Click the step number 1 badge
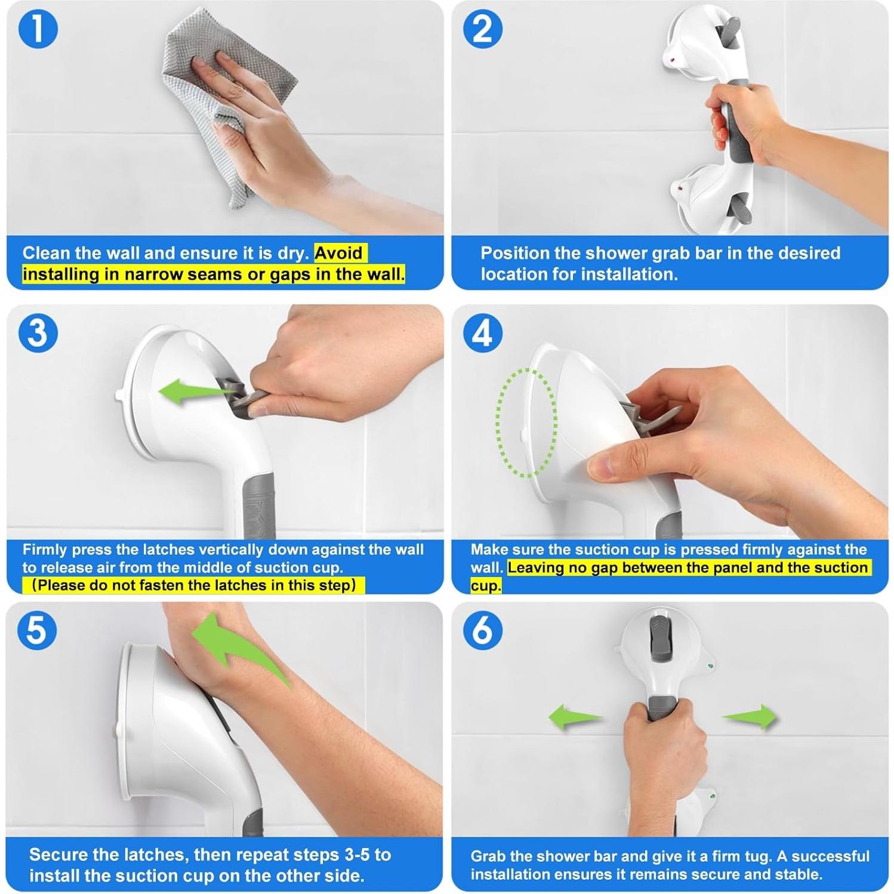tap(38, 29)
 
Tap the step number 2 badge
tap(483, 29)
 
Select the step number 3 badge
tap(38, 332)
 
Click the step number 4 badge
tap(483, 332)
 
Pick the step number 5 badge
tap(37, 630)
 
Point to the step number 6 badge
tap(483, 630)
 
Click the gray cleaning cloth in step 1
tap(230, 107)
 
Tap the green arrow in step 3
tap(197, 393)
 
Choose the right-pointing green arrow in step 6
tap(750, 716)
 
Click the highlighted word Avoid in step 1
tap(338, 253)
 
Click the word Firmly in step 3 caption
tap(44, 550)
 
